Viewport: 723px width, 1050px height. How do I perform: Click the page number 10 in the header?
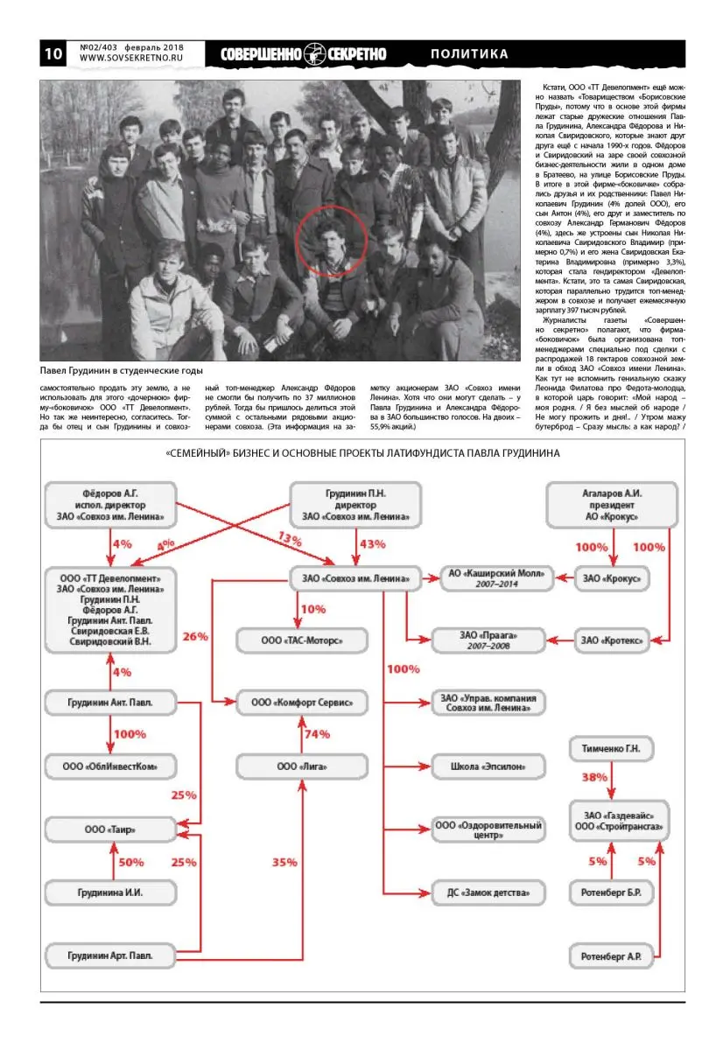pos(53,53)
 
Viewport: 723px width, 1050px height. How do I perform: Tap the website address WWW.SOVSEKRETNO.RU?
pos(130,58)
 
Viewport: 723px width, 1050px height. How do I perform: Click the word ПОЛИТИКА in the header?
pos(469,54)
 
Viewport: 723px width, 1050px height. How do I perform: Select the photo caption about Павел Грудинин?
pos(122,370)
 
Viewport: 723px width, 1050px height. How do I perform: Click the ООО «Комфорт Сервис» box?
pos(301,703)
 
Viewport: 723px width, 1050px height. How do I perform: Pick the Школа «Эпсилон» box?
pos(488,766)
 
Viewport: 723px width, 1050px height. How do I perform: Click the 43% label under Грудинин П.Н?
pos(372,544)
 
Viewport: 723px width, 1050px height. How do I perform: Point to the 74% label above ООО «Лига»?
pos(316,735)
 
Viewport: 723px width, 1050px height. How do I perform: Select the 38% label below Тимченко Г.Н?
pos(594,777)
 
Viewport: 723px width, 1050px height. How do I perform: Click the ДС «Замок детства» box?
pos(488,893)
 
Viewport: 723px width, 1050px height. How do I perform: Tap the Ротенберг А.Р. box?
pos(611,956)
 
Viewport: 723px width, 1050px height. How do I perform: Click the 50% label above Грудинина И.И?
pos(131,862)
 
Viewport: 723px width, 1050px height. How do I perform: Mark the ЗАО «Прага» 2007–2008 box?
pos(488,640)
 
